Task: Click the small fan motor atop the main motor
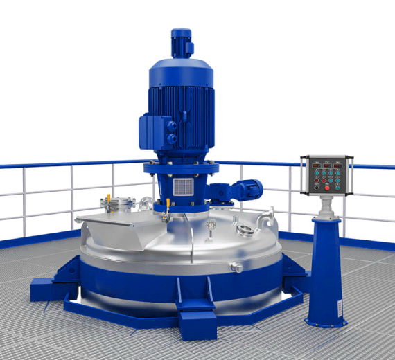tap(182, 42)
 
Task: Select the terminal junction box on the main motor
tap(153, 129)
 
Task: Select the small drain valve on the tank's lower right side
tap(236, 267)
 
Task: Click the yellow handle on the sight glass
tap(109, 199)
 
